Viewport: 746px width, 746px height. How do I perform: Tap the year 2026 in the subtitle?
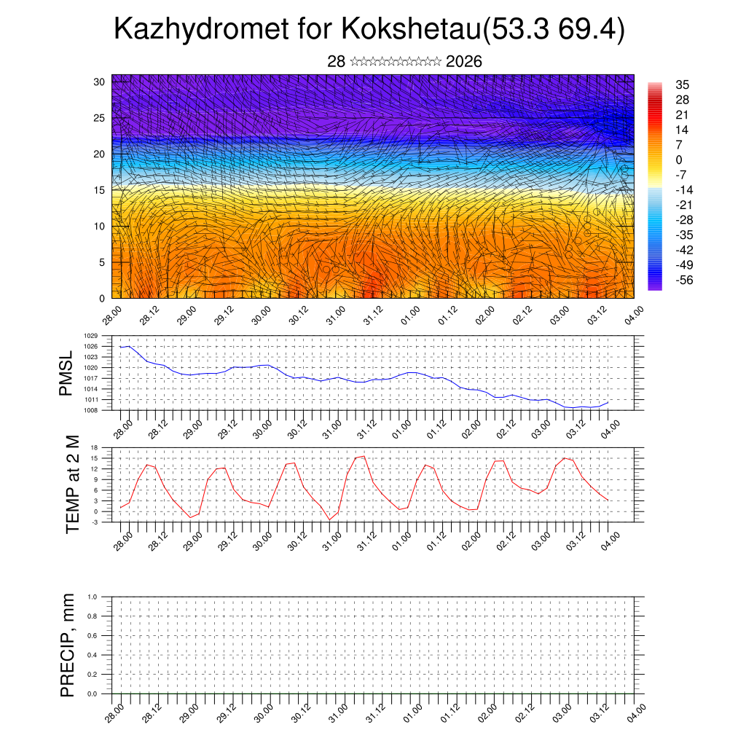463,61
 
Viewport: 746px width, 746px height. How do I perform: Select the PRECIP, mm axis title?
68,645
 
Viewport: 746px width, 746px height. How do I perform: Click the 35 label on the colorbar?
683,85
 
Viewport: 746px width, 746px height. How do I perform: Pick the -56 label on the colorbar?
686,280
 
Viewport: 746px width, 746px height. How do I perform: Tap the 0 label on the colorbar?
679,160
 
